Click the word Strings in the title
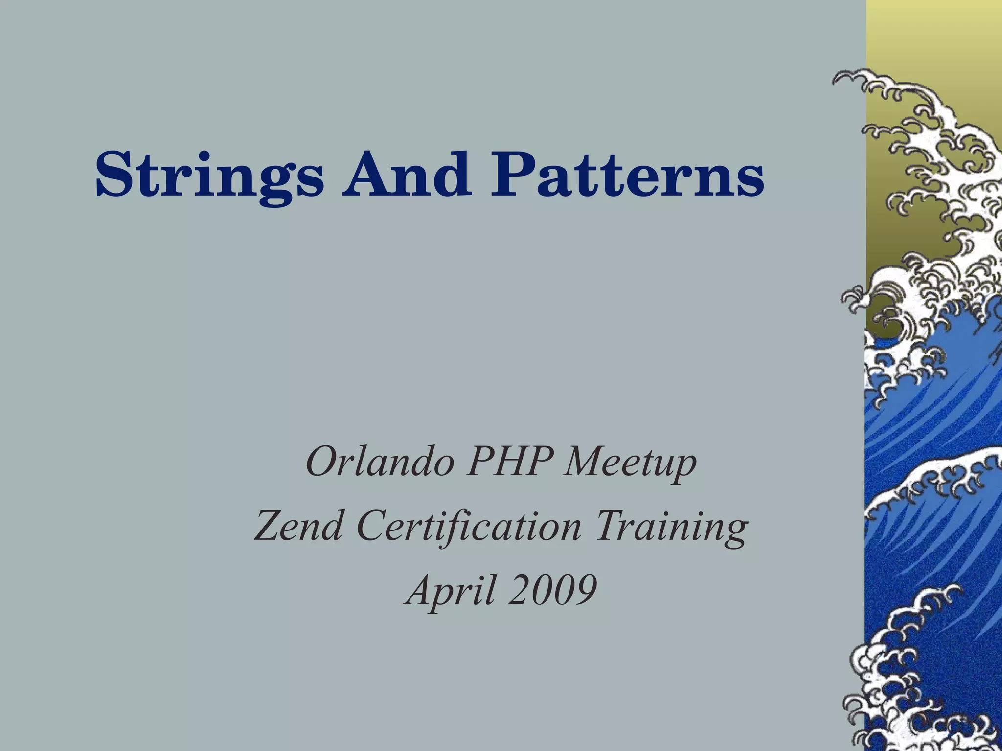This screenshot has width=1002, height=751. click(x=209, y=175)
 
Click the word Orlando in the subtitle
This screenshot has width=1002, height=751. click(x=379, y=463)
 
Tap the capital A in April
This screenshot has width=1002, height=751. click(x=420, y=589)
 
